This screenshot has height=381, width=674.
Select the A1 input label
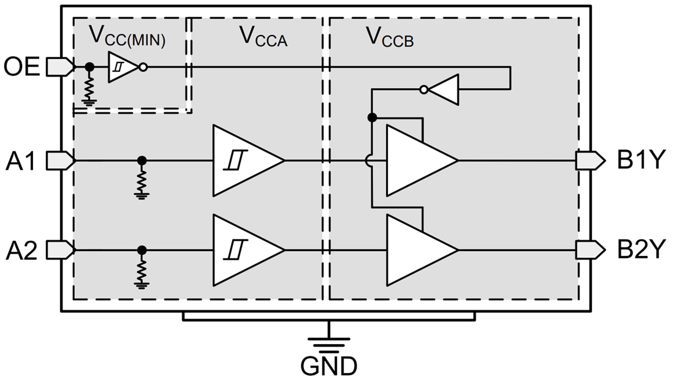[22, 161]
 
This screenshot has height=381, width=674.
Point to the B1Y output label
[641, 161]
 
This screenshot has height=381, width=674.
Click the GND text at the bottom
[329, 366]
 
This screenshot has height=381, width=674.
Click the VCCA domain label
[263, 37]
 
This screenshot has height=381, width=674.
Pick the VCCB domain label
[390, 37]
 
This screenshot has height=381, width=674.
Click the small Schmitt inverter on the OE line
[125, 67]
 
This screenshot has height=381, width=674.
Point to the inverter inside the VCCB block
[441, 89]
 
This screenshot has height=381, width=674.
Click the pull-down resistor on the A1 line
[142, 181]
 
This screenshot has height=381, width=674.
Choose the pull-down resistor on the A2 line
[142, 270]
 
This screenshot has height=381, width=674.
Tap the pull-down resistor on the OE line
[89, 88]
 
